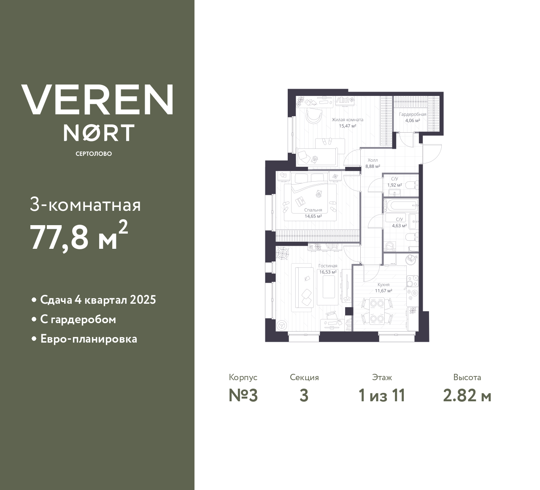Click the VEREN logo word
[97, 99]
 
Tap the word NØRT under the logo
[99, 133]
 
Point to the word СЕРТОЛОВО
[94, 154]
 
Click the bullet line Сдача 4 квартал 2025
[98, 300]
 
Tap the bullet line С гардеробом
[78, 319]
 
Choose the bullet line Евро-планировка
[89, 339]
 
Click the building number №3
[243, 396]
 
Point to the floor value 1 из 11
[381, 396]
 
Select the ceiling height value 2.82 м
[467, 396]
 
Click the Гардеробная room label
[413, 114]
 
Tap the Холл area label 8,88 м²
[373, 166]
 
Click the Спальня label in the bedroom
[313, 210]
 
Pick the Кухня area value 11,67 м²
[384, 291]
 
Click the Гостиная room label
[328, 266]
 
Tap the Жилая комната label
[347, 120]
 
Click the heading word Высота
[467, 377]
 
